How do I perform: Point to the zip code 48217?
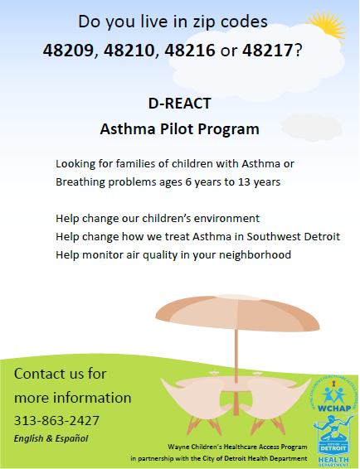269,51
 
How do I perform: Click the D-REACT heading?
179,105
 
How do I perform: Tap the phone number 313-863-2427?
56,420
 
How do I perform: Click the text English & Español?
51,438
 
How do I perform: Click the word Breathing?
80,181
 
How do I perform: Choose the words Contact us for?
60,374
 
